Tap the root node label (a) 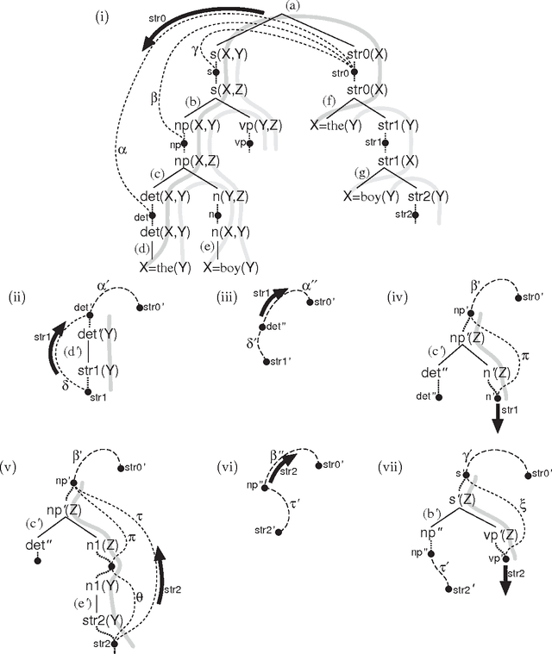[x=293, y=7]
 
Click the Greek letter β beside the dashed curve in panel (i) [x=154, y=98]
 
